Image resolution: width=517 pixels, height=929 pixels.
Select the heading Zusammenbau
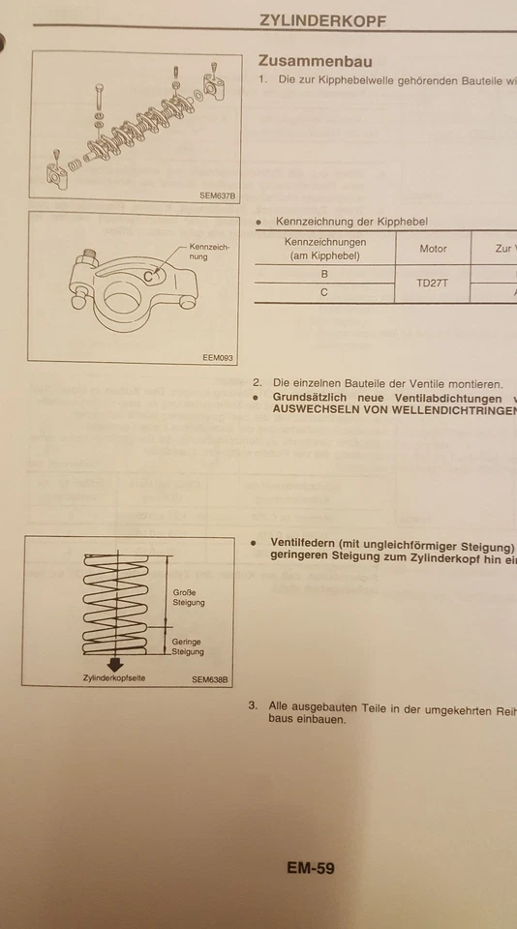(x=316, y=60)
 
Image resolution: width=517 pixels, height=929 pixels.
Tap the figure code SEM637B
(x=217, y=195)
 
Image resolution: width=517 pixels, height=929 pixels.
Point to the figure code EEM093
(x=219, y=356)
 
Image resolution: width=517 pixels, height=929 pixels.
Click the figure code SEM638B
(x=209, y=678)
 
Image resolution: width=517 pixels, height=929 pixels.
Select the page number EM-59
(x=310, y=868)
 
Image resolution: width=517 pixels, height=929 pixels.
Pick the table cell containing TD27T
(x=433, y=284)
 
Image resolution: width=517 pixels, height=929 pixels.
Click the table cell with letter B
(x=324, y=274)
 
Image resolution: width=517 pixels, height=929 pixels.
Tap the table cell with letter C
(x=324, y=292)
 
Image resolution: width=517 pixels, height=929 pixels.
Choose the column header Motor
(x=433, y=249)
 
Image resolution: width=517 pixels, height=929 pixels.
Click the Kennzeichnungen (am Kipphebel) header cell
(x=324, y=249)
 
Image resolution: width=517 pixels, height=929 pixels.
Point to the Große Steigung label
(x=188, y=597)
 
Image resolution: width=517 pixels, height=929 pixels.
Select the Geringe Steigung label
(x=188, y=646)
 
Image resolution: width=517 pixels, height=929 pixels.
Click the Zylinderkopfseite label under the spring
(x=114, y=678)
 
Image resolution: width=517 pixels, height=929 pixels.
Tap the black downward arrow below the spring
(x=115, y=664)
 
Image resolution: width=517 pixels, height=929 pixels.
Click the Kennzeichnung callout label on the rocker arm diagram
(x=210, y=252)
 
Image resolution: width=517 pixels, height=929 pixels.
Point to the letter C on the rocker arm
(x=148, y=277)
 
